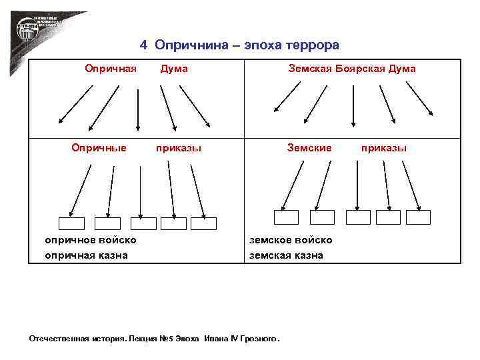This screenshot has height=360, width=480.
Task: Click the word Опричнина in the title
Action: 183,45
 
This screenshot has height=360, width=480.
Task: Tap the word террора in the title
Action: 313,45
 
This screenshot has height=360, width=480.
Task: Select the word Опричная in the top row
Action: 110,69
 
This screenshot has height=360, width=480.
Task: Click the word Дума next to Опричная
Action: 174,69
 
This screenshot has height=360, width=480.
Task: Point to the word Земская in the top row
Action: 309,69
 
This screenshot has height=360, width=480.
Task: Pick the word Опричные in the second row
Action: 99,147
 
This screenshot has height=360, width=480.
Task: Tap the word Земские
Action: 309,147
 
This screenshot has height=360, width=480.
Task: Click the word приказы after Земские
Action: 384,147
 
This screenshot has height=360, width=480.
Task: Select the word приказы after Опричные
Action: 179,147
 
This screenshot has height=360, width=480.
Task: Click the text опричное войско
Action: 91,240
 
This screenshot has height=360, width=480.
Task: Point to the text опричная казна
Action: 87,255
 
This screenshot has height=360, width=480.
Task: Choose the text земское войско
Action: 291,240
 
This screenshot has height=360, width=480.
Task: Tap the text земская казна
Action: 287,255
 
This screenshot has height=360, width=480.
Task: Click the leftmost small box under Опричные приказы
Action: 72,223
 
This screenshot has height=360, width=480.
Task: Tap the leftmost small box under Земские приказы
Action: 287,217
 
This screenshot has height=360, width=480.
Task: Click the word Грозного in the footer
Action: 258,339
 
